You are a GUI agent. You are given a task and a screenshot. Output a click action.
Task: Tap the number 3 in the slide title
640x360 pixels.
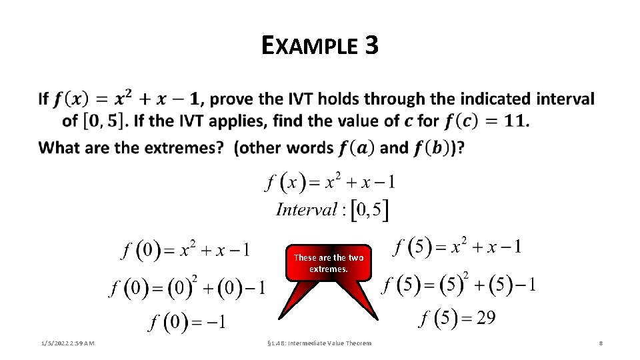pos(371,45)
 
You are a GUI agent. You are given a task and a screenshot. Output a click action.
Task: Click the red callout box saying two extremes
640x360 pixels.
pos(328,263)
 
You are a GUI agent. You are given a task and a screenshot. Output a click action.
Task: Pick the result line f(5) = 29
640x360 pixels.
pos(457,317)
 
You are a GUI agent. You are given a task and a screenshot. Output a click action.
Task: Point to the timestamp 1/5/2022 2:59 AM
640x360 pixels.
pos(67,343)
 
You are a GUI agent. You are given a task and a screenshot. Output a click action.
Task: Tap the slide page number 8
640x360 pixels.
pos(601,343)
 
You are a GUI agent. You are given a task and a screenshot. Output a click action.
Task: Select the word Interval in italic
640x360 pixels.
pos(307,210)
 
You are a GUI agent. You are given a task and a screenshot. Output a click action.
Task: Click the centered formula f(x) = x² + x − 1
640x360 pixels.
pos(331,181)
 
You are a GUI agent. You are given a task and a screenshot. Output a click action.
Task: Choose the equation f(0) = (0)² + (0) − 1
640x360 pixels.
pos(187,288)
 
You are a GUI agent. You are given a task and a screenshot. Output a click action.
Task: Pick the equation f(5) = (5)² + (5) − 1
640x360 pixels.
pos(460,285)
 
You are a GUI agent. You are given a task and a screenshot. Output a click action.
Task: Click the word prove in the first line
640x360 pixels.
pos(232,99)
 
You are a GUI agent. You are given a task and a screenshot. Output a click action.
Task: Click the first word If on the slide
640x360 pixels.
pos(43,99)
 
